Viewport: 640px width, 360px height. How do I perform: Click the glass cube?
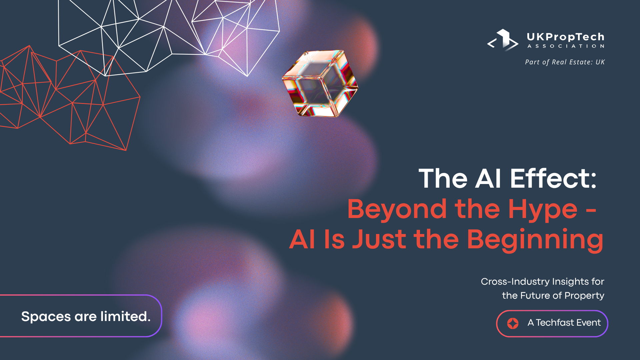tap(320, 83)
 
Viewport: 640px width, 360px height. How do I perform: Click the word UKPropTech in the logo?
tap(566, 37)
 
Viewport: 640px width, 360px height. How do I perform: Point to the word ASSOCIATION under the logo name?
tap(566, 46)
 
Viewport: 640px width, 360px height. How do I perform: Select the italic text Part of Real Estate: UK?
tap(565, 62)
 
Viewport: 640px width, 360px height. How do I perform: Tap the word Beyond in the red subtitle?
tap(397, 209)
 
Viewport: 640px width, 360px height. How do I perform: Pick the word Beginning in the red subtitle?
tap(535, 240)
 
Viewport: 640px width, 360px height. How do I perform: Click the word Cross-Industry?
tap(515, 282)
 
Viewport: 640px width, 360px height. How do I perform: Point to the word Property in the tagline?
tap(584, 296)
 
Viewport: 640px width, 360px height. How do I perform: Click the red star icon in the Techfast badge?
tap(513, 323)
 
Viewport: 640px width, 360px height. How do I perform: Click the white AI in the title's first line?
tap(488, 179)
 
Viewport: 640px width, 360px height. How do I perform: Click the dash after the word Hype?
tap(591, 211)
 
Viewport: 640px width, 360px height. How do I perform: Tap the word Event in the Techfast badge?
tap(589, 323)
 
